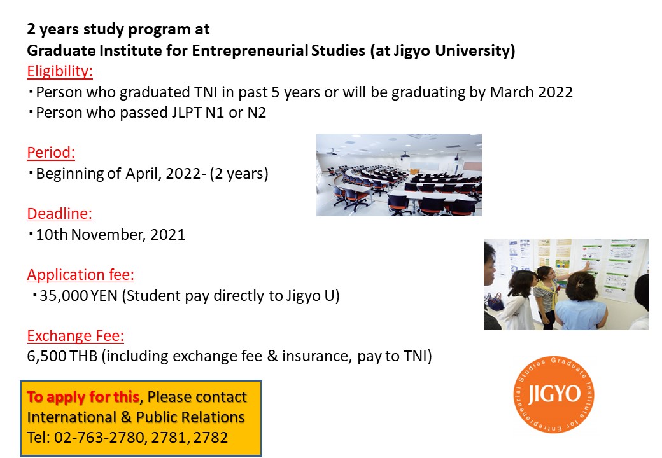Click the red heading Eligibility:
click(x=60, y=71)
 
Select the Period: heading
click(x=51, y=152)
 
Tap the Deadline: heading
click(x=59, y=213)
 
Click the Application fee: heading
click(x=80, y=275)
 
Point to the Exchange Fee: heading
click(x=75, y=336)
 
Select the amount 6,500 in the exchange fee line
click(x=46, y=356)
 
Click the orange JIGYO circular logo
click(x=554, y=394)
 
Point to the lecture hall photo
click(x=399, y=175)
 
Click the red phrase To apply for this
click(x=83, y=397)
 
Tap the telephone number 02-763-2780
click(x=99, y=438)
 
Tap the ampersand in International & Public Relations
click(x=126, y=417)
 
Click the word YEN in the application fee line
click(x=104, y=296)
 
